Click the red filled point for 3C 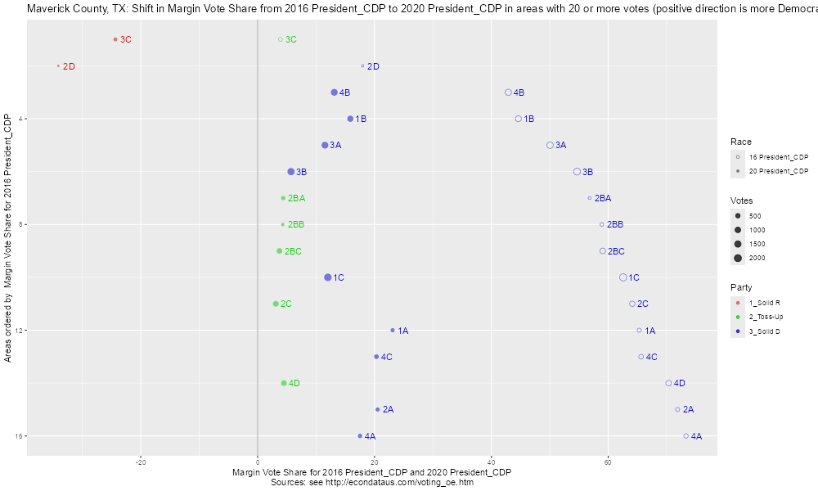click(x=115, y=39)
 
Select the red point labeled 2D click(x=58, y=66)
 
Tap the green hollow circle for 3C click(x=280, y=39)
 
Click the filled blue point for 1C click(x=328, y=277)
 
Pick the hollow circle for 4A click(x=685, y=436)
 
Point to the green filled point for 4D click(x=284, y=383)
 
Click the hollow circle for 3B click(x=578, y=172)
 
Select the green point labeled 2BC click(x=280, y=251)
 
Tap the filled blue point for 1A click(x=393, y=331)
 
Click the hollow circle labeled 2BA click(x=589, y=198)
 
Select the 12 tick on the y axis click(x=20, y=331)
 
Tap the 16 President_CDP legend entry click(x=778, y=156)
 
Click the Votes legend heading click(x=742, y=200)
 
